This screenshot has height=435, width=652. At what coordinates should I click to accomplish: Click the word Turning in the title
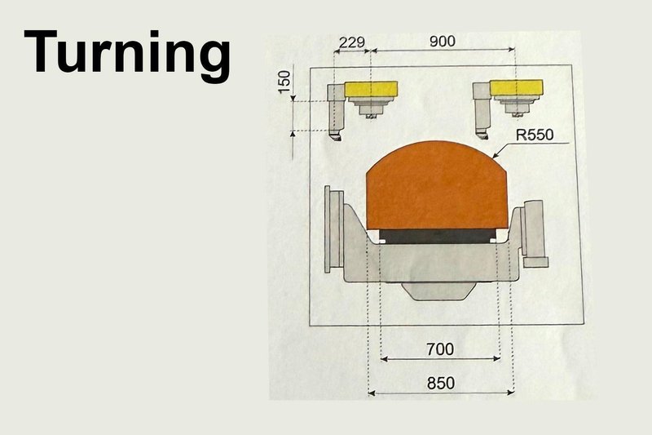click(127, 54)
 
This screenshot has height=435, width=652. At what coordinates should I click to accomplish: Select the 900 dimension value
click(443, 40)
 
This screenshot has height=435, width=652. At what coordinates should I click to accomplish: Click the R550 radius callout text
click(533, 135)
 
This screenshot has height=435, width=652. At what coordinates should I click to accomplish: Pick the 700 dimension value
click(439, 348)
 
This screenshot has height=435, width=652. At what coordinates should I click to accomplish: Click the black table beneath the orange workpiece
click(438, 236)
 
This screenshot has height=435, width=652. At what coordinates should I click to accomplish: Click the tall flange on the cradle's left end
click(332, 229)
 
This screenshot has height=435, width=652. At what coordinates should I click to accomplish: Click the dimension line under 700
click(439, 358)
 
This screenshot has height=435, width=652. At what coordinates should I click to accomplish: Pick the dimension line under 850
click(440, 393)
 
